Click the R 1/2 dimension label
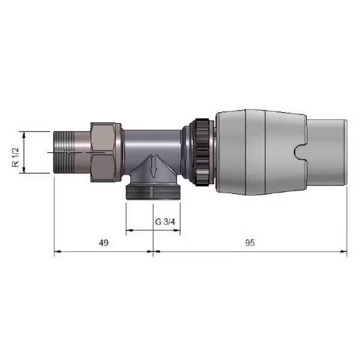(16, 157)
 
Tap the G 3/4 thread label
(165, 222)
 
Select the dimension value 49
(104, 242)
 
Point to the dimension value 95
(250, 242)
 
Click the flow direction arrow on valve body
(154, 166)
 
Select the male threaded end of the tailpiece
(64, 152)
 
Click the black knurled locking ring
(202, 152)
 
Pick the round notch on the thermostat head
(299, 152)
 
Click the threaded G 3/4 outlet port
(153, 192)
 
